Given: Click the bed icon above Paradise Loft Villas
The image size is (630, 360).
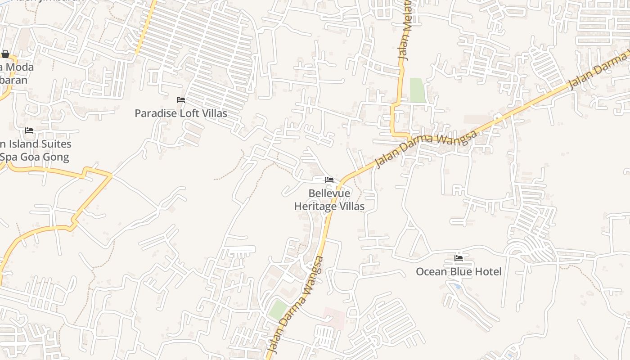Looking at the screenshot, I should click(181, 100).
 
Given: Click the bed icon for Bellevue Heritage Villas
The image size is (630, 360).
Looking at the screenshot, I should click(329, 180).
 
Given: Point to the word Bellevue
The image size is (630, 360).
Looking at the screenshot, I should click(329, 193).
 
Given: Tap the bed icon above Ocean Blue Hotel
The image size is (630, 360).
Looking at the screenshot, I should click(459, 258).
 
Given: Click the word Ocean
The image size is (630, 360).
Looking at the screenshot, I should click(431, 272).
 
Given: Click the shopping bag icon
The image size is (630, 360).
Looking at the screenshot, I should click(5, 54).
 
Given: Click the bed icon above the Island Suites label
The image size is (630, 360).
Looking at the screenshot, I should click(29, 130).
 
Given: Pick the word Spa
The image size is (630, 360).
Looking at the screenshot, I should click(8, 157).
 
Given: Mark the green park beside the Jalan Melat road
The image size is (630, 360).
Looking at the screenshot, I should click(417, 90).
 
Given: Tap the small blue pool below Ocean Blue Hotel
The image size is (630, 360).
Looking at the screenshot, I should click(457, 286).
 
